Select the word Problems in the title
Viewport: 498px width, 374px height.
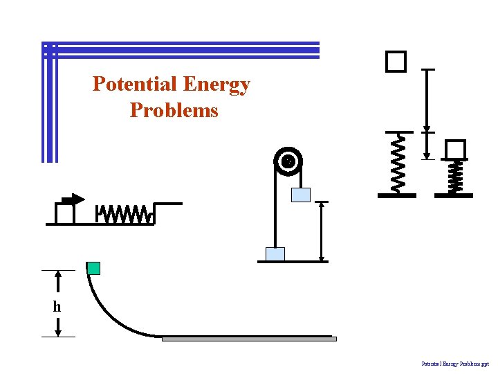(x=174, y=110)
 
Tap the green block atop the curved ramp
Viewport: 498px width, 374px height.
(x=93, y=268)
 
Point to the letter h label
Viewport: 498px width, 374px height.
(x=57, y=306)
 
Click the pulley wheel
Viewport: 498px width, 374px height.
(x=288, y=161)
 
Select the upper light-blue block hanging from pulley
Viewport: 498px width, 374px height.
(x=301, y=195)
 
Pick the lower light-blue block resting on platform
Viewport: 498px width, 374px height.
(x=275, y=254)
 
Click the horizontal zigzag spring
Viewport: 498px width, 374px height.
(x=124, y=215)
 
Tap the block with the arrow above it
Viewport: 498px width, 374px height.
(x=65, y=215)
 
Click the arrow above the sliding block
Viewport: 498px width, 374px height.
(x=73, y=199)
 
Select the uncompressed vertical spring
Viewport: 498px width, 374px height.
(x=397, y=163)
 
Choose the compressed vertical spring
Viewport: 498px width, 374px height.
(x=454, y=177)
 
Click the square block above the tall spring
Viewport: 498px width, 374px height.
(x=396, y=62)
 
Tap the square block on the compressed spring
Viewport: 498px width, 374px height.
(x=455, y=150)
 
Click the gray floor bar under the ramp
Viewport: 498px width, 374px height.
(x=249, y=339)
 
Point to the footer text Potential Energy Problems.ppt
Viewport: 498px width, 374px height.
(x=455, y=363)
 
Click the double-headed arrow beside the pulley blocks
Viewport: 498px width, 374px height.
(x=322, y=232)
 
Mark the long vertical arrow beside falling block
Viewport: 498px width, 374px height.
(x=427, y=100)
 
